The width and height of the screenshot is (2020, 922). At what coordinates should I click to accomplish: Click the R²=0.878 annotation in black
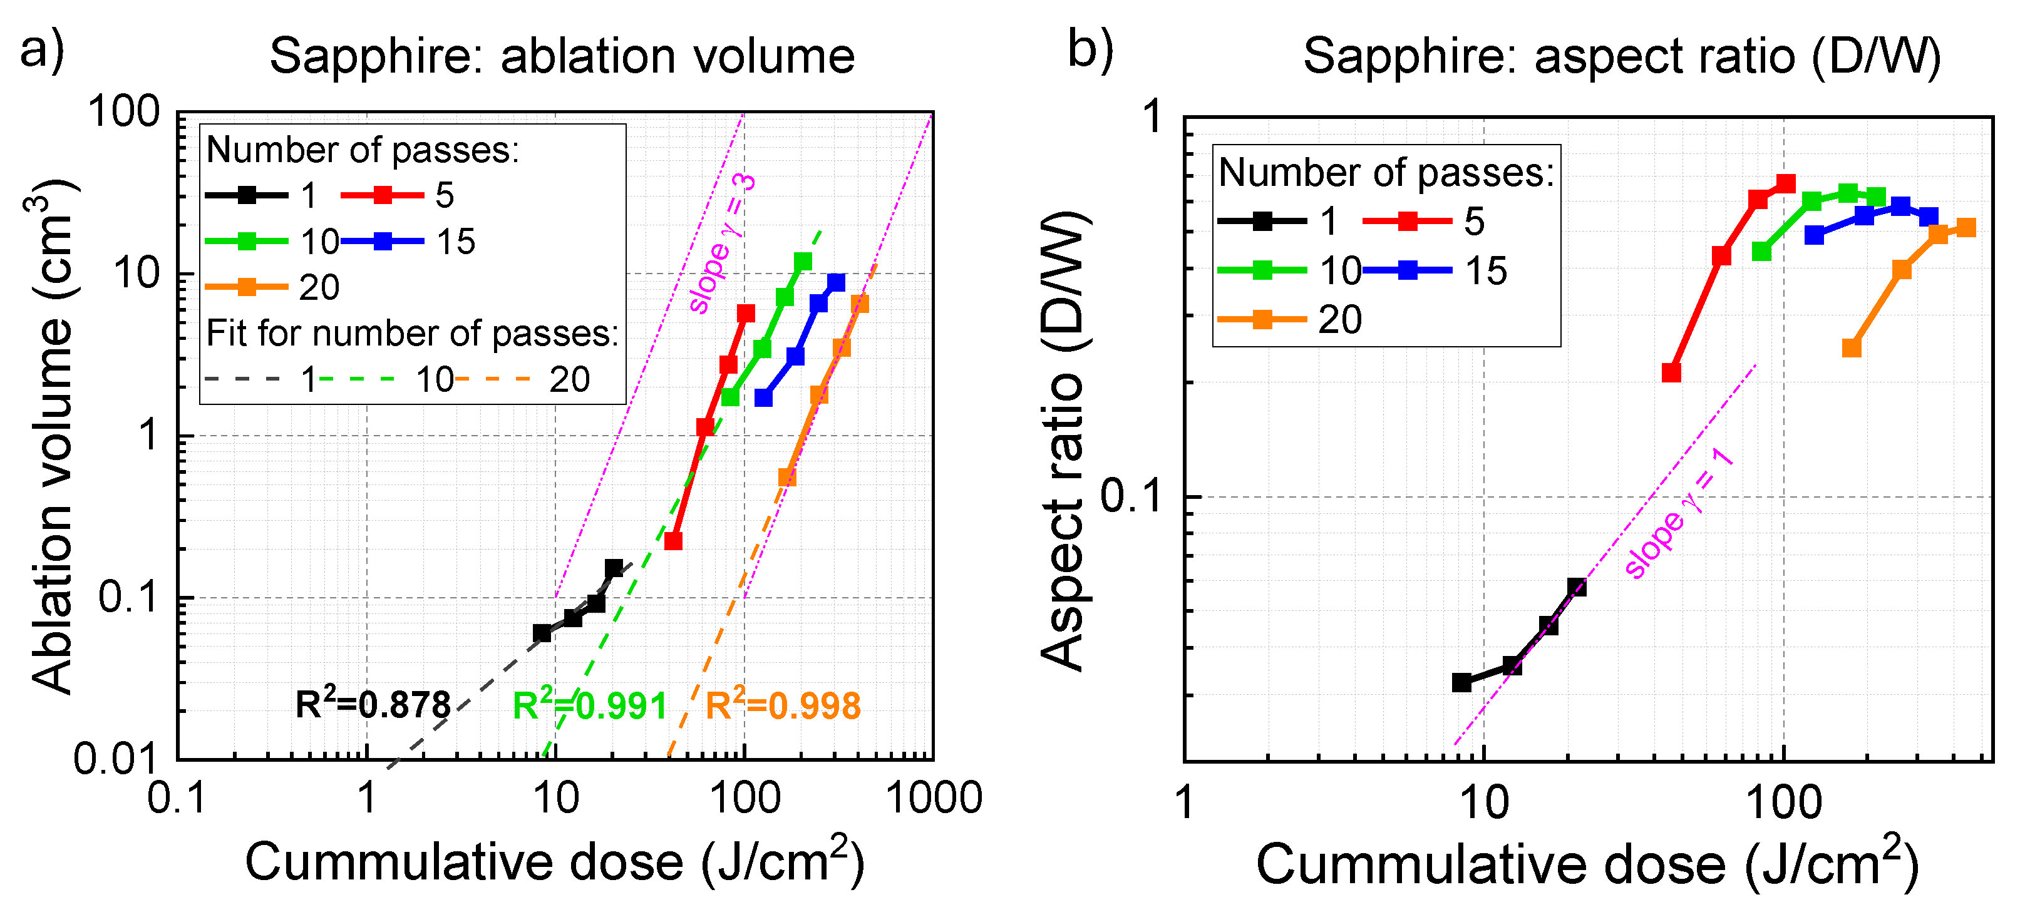[373, 705]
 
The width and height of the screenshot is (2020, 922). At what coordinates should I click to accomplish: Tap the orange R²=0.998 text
[783, 705]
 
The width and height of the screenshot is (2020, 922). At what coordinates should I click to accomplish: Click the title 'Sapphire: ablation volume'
[562, 56]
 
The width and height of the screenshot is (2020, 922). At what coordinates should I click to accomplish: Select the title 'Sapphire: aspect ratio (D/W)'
[1622, 56]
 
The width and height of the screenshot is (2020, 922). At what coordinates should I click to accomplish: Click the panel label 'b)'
[1090, 50]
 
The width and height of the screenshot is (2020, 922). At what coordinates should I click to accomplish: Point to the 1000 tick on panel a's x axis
[933, 799]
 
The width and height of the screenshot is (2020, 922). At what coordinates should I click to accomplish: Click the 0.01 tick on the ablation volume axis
[116, 759]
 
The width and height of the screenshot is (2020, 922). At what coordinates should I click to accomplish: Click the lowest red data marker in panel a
[672, 541]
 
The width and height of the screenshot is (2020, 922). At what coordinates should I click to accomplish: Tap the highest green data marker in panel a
[803, 261]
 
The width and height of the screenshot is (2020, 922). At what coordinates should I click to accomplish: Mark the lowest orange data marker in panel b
[1852, 347]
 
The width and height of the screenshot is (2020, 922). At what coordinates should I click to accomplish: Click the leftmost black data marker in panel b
[1461, 683]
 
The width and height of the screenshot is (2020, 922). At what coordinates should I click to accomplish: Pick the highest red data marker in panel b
[1786, 184]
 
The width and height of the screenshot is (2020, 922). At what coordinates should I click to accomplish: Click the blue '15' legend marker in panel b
[1408, 270]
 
